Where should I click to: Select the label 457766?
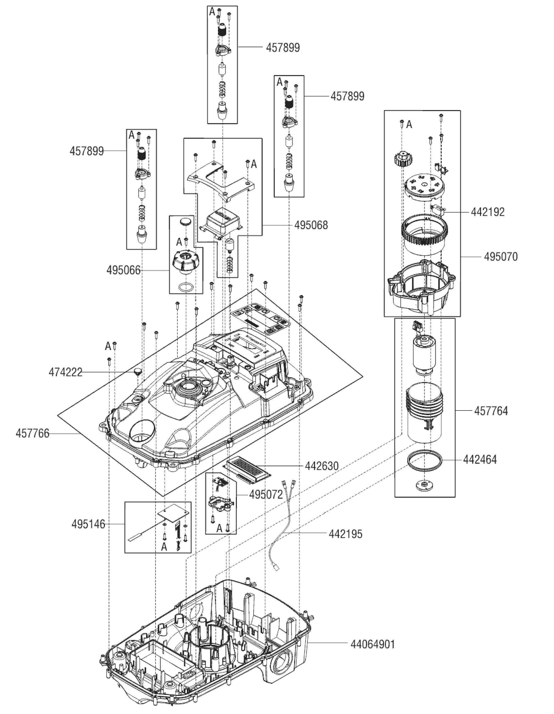coord(32,434)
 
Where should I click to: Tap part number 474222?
coord(65,372)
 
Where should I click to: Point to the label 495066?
coord(123,270)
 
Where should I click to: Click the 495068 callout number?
coord(311,225)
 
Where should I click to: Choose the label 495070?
coord(500,257)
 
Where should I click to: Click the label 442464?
coord(480,460)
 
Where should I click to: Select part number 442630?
coord(322,466)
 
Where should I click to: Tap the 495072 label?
coord(266,495)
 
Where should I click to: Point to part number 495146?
coord(88,524)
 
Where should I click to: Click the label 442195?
coord(345,534)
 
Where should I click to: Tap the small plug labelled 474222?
coord(137,371)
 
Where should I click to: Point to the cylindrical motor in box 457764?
coord(423,355)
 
